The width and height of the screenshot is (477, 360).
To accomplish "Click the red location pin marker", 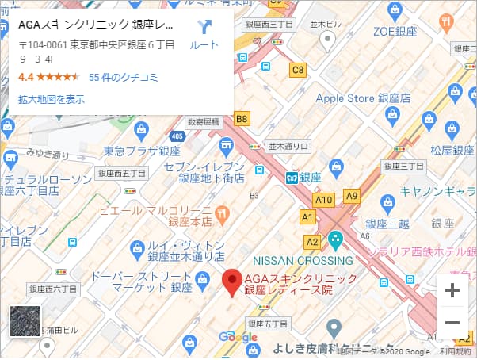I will click(x=231, y=282).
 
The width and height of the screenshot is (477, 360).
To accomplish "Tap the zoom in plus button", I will click(x=452, y=290).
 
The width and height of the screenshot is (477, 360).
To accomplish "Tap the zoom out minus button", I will click(x=452, y=323).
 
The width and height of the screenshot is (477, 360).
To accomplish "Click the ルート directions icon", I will click(x=205, y=28).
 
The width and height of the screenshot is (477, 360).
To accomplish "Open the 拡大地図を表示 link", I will click(x=52, y=99).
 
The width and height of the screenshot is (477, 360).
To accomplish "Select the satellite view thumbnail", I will click(x=24, y=322).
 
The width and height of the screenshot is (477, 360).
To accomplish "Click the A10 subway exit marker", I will click(x=324, y=201).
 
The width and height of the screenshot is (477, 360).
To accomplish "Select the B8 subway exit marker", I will click(x=242, y=120).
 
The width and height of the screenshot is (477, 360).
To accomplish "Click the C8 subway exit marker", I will click(x=298, y=71).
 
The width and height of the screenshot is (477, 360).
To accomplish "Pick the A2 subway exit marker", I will click(x=312, y=241).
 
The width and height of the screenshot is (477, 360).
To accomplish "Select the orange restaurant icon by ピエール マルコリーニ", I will click(x=223, y=213).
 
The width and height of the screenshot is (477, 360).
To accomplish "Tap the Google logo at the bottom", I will click(x=238, y=337).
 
